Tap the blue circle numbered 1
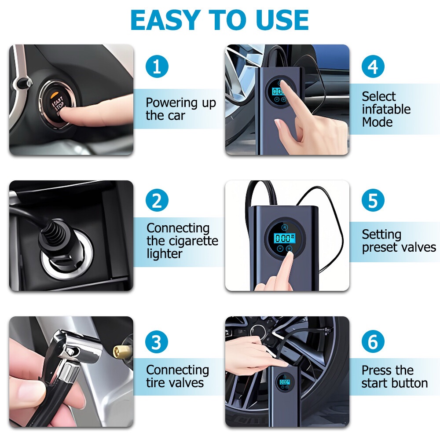coord(157,67)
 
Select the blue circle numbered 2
coord(157,200)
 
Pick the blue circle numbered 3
coord(157,342)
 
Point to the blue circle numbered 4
coord(373,67)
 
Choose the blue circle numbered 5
coord(373,200)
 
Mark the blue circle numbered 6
coord(373,342)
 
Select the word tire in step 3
coord(154,383)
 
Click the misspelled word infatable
coord(386,109)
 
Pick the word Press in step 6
coord(375,370)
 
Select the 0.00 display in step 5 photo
coord(284,238)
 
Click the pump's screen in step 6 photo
coord(284,382)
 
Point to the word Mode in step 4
coord(377,122)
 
